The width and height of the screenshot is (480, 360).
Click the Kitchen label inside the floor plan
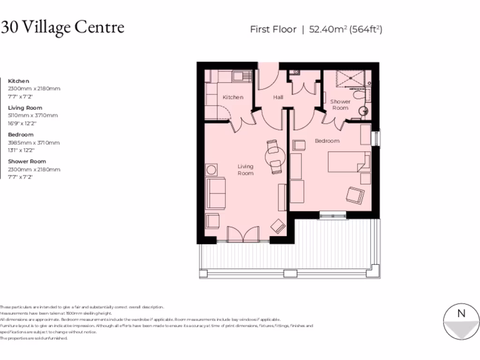tap(233, 97)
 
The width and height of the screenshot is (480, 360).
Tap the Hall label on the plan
tap(278, 97)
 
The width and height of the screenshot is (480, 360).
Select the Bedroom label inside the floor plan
tap(327, 141)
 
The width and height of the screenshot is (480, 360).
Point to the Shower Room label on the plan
tap(340, 105)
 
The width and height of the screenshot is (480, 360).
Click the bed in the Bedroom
tap(349, 162)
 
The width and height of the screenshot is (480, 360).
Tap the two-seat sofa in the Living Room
tap(216, 193)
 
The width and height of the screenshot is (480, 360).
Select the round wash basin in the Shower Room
tap(363, 112)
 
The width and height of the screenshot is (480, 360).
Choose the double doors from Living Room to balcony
tap(243, 234)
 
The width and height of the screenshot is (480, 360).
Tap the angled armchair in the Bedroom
tap(355, 195)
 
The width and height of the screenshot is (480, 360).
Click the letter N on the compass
tap(461, 314)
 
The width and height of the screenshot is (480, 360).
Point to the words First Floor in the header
tap(273, 30)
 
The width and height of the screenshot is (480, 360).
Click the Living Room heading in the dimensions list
tap(25, 108)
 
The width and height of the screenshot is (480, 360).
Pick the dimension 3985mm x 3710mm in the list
tap(34, 142)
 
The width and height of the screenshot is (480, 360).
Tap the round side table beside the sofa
tap(212, 170)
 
